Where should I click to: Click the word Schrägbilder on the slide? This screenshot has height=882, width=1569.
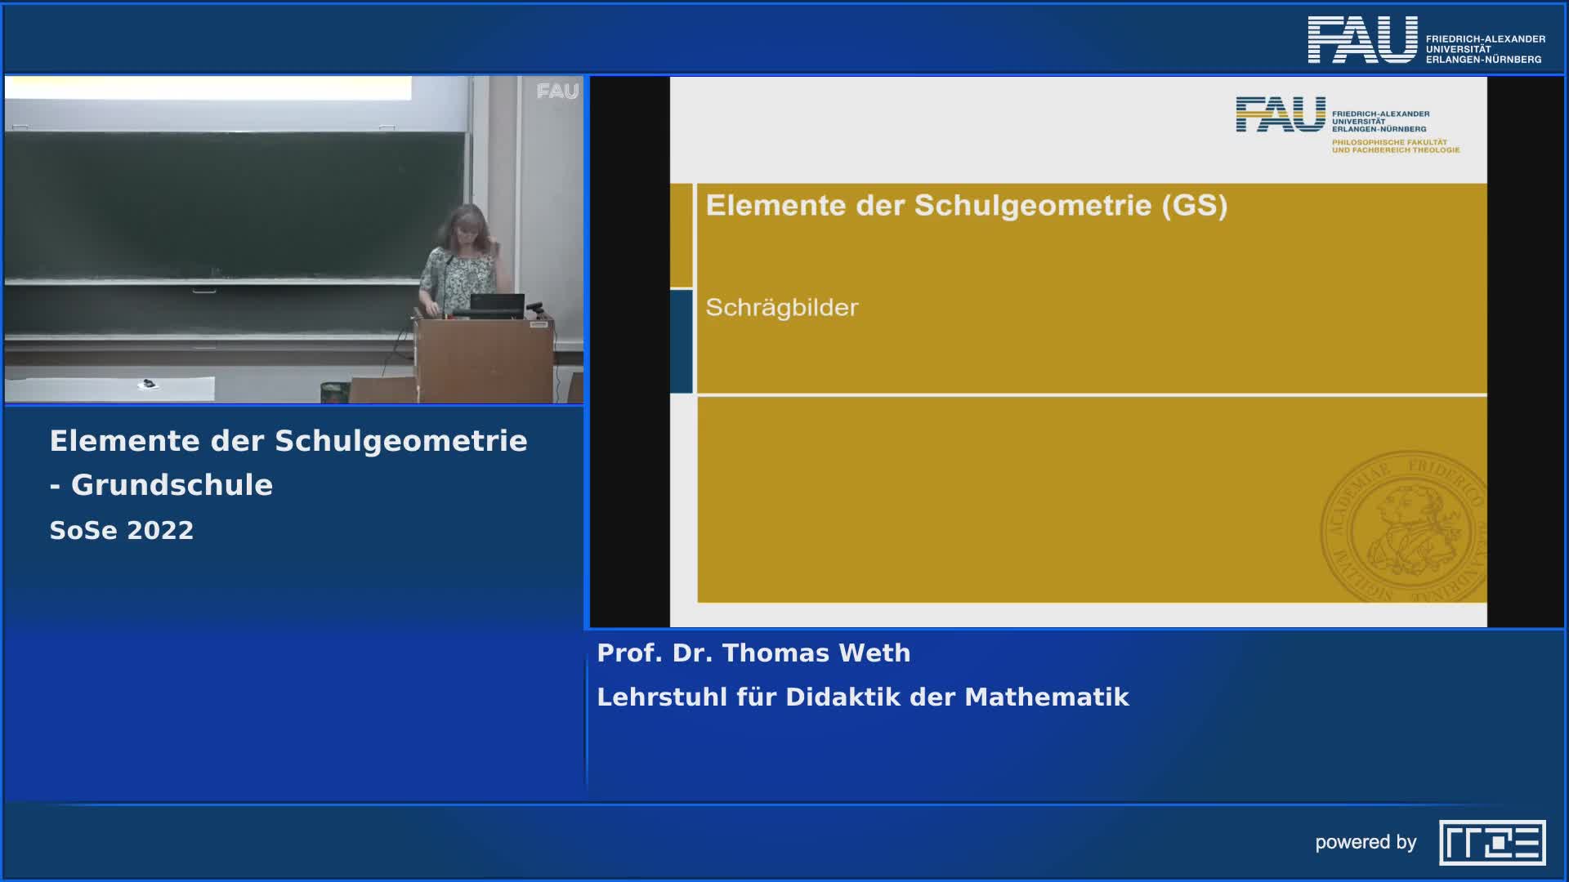(781, 308)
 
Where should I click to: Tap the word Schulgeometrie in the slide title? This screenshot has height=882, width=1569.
(1032, 205)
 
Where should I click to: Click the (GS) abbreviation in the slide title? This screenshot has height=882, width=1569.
(1194, 205)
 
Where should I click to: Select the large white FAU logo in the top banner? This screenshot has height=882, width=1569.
(1362, 40)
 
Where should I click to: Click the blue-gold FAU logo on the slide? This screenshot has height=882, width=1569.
(1280, 114)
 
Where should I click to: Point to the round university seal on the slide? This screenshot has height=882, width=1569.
(1402, 527)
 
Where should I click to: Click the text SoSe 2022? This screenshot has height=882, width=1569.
(122, 530)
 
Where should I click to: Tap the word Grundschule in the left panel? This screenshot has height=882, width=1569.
(172, 485)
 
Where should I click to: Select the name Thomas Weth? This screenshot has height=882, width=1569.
(816, 653)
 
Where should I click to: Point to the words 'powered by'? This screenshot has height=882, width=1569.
(1366, 842)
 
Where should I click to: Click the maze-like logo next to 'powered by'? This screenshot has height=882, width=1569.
(1492, 842)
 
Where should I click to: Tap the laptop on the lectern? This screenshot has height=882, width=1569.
(497, 305)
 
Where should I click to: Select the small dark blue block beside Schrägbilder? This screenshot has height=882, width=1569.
(681, 341)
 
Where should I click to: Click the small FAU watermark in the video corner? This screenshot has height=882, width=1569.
(557, 91)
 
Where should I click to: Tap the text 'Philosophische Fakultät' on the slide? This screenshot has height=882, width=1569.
(1389, 142)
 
